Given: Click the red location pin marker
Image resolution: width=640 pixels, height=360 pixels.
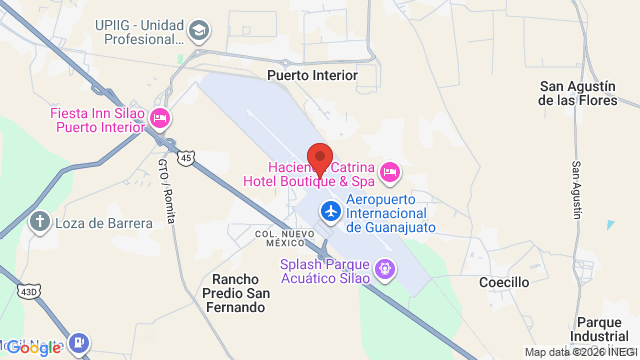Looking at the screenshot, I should tap(319, 160).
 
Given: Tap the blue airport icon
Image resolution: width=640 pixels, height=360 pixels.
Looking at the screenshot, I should tap(329, 212).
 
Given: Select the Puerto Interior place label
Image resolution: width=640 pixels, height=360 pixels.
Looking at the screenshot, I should tap(311, 75).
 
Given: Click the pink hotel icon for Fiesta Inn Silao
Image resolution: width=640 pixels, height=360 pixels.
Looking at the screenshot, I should tap(159, 120).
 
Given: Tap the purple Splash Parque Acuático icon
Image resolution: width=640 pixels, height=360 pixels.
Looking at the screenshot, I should tap(384, 268).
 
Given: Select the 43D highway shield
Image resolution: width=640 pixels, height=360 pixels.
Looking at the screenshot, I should tap(27, 290).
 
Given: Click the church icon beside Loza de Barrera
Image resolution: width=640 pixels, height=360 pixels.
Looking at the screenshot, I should tap(39, 221).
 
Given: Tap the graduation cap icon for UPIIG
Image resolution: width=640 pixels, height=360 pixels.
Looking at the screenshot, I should tap(199, 31).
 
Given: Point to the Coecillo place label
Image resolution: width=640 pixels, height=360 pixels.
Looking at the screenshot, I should tap(503, 283).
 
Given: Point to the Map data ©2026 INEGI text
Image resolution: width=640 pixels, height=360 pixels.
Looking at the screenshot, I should tap(581, 352).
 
